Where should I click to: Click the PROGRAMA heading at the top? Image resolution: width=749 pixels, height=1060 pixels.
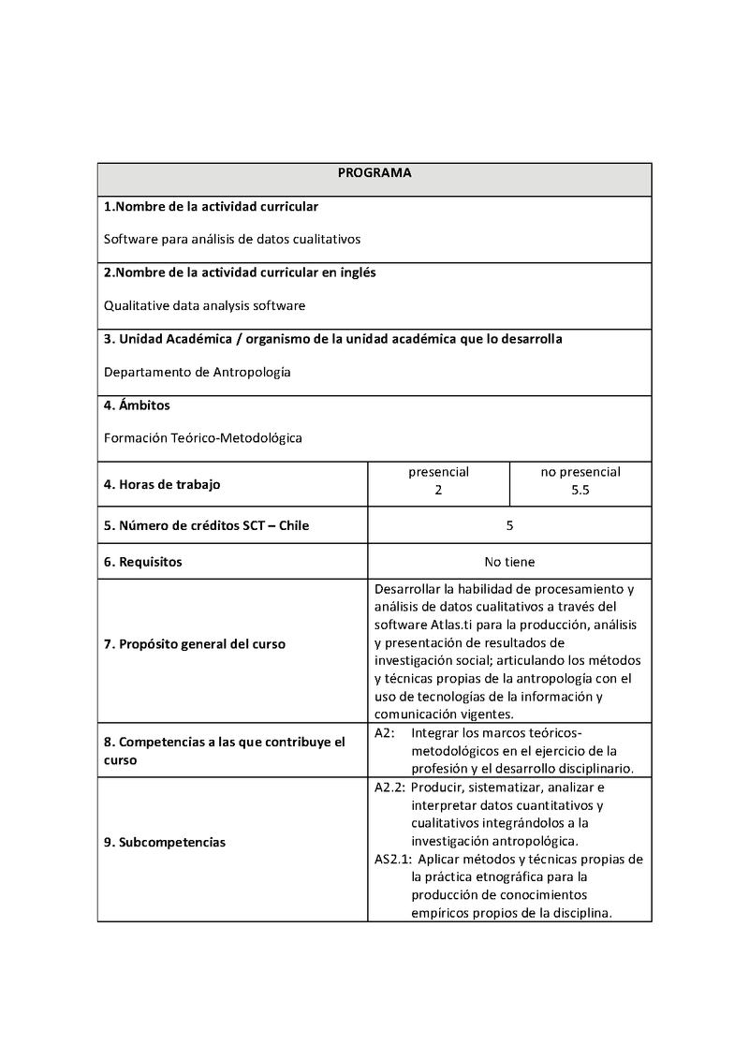point(374,173)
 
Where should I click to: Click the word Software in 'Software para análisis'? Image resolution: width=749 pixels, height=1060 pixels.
point(131,239)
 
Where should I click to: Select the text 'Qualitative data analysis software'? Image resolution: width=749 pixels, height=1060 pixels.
point(204,305)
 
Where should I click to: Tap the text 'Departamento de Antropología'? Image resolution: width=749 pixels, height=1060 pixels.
point(197,372)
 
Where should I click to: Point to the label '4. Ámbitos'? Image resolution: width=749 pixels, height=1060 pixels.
point(137,405)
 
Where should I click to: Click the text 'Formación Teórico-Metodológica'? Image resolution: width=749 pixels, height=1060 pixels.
point(202,437)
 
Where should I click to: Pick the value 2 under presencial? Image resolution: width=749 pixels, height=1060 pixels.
point(438,490)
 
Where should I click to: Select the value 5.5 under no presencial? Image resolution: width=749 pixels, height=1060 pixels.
point(580,490)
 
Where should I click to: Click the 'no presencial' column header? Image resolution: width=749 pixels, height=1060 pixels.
point(580,472)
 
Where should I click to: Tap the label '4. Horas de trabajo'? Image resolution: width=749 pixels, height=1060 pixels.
point(163,484)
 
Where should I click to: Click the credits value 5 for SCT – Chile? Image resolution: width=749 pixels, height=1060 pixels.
point(509,525)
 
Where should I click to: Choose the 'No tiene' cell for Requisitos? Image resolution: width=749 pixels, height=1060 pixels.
point(509,562)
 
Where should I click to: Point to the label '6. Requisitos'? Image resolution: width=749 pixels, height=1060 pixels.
point(142,562)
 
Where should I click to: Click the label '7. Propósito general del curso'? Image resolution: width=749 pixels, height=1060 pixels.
point(195,644)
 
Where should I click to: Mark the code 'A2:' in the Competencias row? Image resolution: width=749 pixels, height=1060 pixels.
point(384,732)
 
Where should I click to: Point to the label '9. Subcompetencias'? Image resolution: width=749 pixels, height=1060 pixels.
point(165,842)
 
